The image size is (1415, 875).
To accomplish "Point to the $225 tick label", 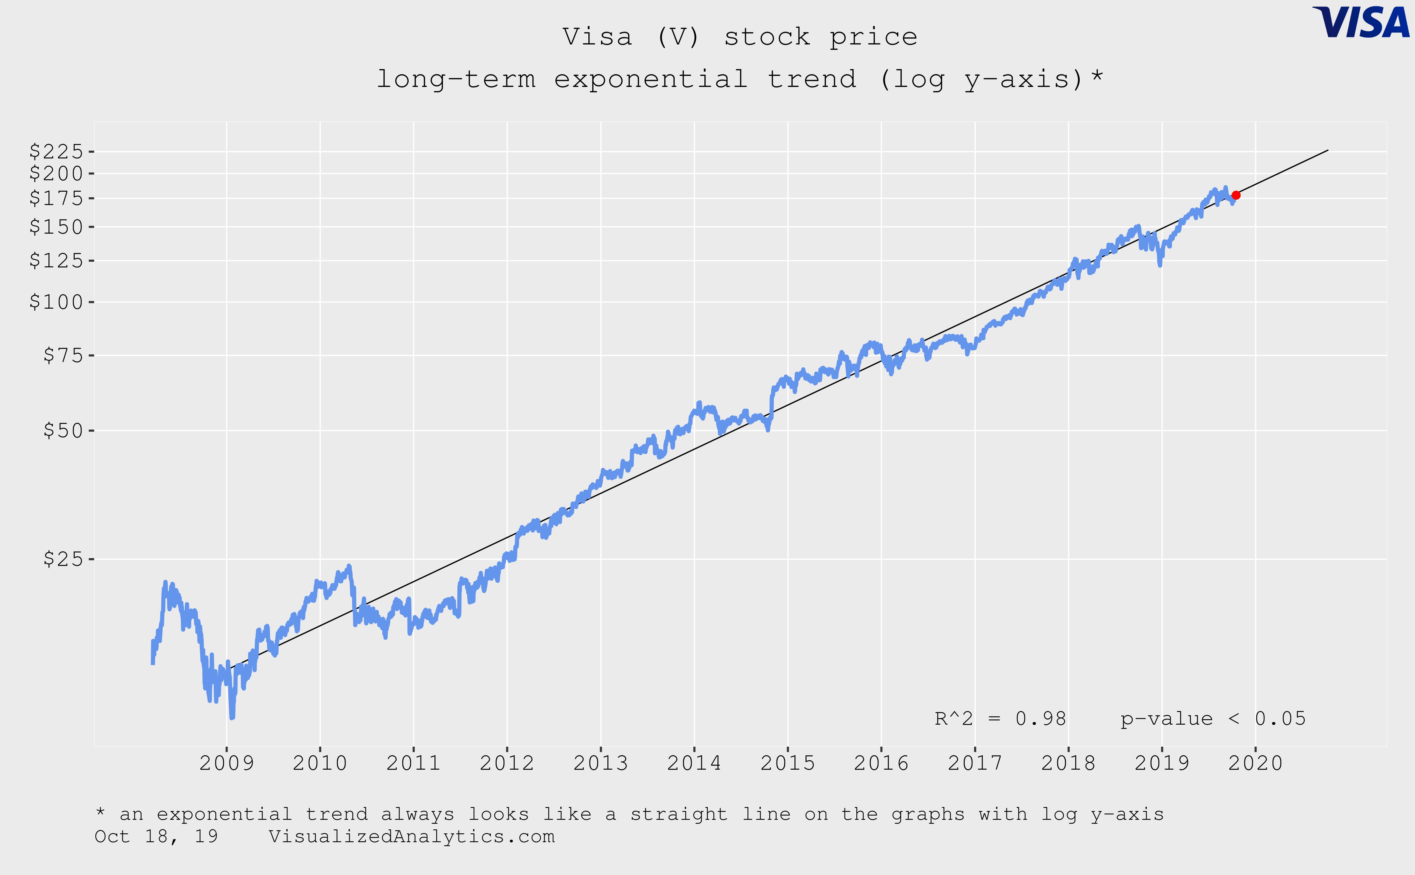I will click(x=57, y=151).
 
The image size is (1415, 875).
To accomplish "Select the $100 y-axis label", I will click(x=57, y=302).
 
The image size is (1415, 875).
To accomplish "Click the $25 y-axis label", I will click(x=64, y=559).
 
